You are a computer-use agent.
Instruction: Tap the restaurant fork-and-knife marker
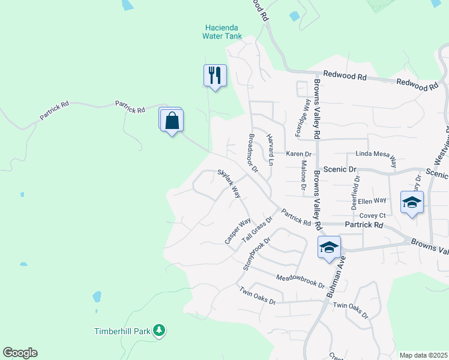[215, 75]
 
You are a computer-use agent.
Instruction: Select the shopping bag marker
[172, 120]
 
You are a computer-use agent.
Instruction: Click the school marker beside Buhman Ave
[329, 247]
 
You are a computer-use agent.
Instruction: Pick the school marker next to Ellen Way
[412, 202]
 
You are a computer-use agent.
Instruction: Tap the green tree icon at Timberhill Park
[159, 330]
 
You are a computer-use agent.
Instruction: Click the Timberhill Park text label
[123, 331]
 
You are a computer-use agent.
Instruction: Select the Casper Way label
[238, 231]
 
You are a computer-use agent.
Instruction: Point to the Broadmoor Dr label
[252, 153]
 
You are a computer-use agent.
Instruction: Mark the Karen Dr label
[298, 154]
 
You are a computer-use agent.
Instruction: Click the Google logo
[20, 353]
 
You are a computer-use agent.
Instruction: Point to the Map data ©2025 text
[423, 355]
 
